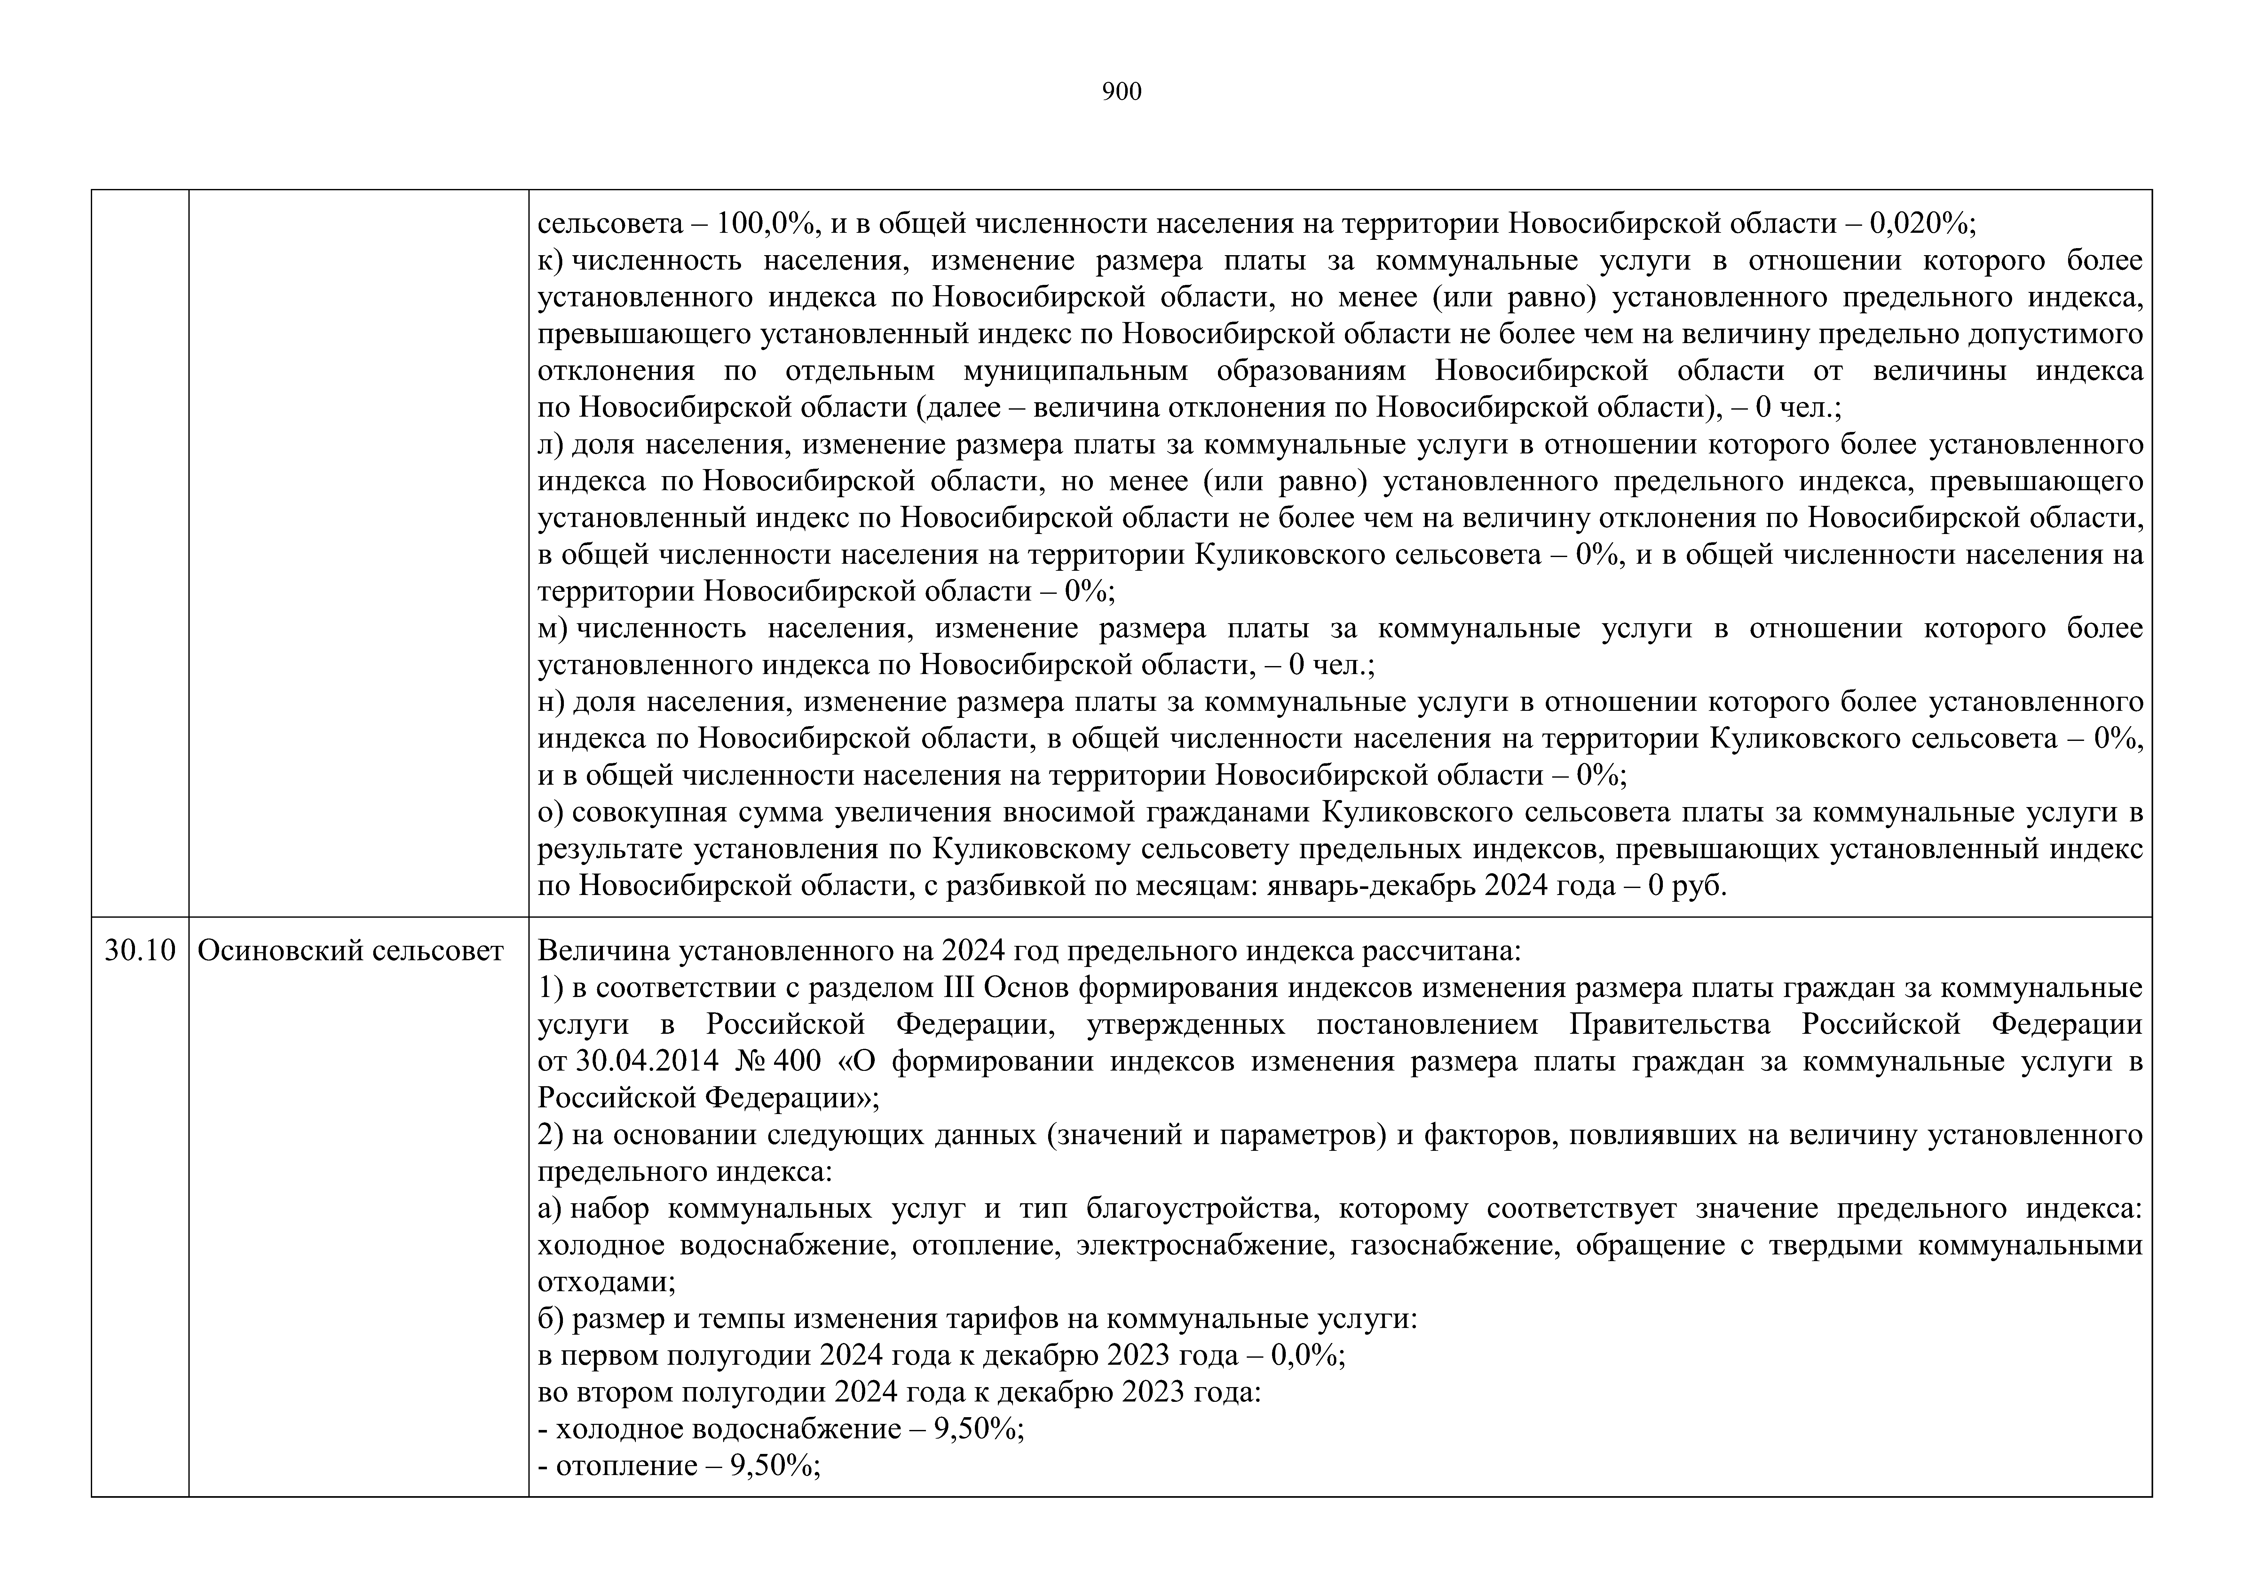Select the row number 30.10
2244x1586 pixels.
tap(140, 951)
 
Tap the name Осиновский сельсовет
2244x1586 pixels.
tap(350, 951)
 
